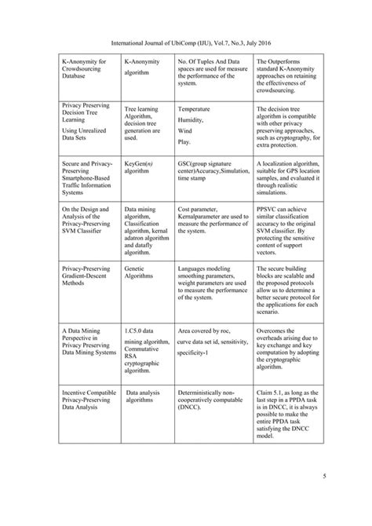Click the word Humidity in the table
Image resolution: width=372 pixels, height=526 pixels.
tap(191, 119)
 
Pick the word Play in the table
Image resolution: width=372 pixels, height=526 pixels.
tap(184, 142)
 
